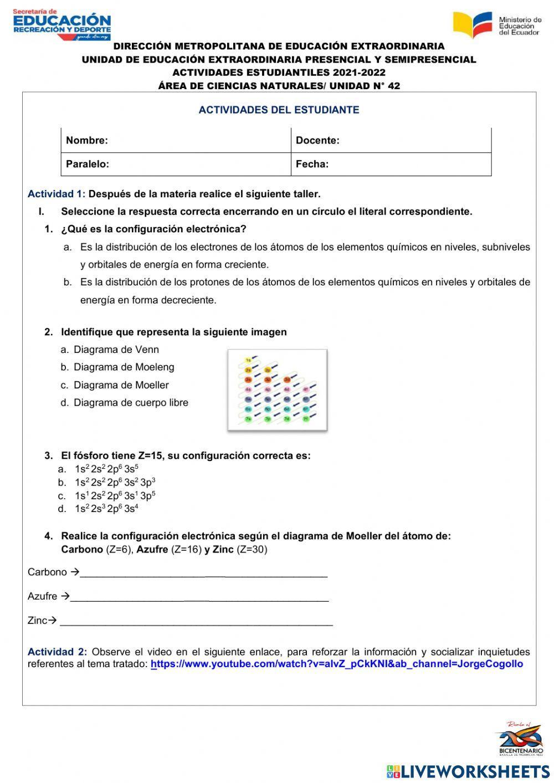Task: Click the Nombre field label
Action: [87, 140]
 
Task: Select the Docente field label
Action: [317, 140]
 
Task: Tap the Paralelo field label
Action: [88, 164]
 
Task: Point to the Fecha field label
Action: [312, 164]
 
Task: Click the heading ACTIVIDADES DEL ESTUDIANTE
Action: [279, 110]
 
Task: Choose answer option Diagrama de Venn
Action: [116, 350]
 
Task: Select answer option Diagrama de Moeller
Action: [121, 385]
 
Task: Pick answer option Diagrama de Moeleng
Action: [124, 367]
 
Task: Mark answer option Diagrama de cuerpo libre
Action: [131, 403]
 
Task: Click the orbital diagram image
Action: [277, 390]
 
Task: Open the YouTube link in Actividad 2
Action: [336, 664]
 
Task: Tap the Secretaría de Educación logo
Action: [61, 24]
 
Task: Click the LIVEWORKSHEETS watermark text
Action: [475, 771]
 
